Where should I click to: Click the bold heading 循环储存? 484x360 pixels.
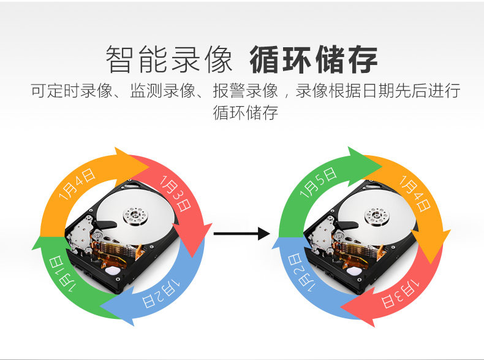point(313,59)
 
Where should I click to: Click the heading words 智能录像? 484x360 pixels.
point(169,59)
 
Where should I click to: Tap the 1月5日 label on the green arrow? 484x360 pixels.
point(319,182)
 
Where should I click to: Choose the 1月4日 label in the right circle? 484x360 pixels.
point(415,193)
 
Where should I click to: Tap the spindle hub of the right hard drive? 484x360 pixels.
point(374,215)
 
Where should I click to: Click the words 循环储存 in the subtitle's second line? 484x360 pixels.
point(245,113)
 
